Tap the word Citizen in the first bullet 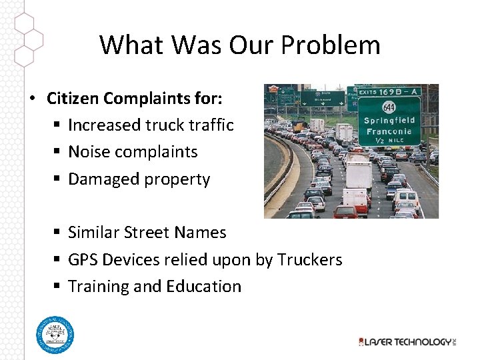coord(71,99)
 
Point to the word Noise coord(89,152)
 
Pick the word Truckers coord(309,260)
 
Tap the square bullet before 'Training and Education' coord(58,287)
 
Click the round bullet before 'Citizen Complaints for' coord(32,99)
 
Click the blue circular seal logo coord(55,335)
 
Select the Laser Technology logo coord(406,341)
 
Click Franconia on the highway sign coord(389,132)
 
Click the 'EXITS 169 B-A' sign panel coord(390,91)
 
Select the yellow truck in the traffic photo coord(298,126)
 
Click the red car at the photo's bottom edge coord(345,213)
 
